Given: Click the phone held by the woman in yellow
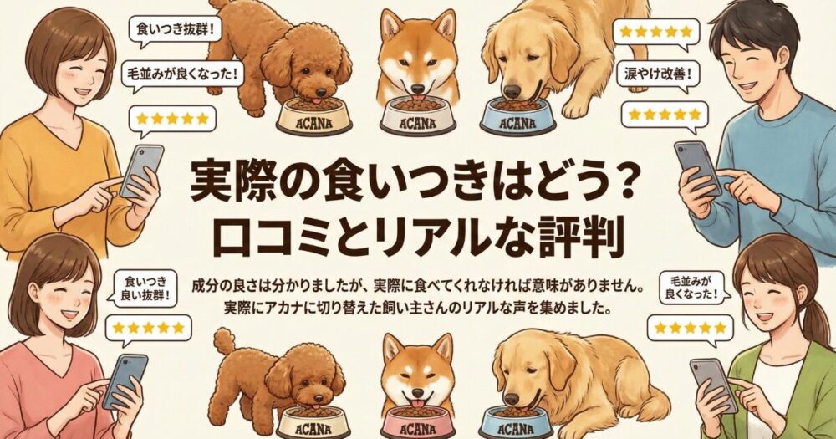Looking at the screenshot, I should coord(141,171).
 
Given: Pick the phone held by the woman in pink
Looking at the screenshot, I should coord(125,380).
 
